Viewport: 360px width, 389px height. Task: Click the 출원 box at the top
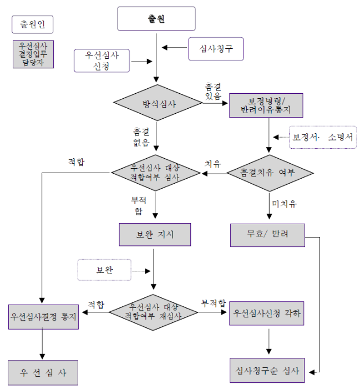(x=156, y=19)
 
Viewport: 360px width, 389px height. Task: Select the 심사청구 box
(x=216, y=49)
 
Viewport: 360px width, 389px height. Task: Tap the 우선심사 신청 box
(x=102, y=61)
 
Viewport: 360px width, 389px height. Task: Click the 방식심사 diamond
(x=158, y=103)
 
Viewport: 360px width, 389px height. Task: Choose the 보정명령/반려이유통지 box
(x=266, y=105)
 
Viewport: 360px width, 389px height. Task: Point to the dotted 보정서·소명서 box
(x=323, y=137)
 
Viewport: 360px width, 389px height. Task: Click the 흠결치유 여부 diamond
(x=270, y=173)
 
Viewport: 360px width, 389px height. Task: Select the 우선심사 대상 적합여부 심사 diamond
(x=156, y=173)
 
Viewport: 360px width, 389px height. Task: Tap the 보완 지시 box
(x=155, y=234)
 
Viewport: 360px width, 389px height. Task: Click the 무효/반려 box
(x=267, y=235)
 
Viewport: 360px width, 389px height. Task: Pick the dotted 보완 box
(x=104, y=270)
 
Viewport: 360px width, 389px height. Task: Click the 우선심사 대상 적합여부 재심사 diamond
(x=153, y=312)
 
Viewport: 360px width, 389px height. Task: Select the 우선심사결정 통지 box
(x=43, y=317)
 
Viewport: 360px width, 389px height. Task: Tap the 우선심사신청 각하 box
(x=266, y=314)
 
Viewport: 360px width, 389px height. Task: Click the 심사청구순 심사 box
(x=267, y=370)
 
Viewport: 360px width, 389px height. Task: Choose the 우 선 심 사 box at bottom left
(x=43, y=372)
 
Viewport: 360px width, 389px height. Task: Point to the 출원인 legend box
(x=33, y=24)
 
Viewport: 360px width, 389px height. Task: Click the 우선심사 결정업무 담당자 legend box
(x=33, y=54)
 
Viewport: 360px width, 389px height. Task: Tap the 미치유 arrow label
(x=284, y=204)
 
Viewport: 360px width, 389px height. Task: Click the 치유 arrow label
(x=213, y=164)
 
